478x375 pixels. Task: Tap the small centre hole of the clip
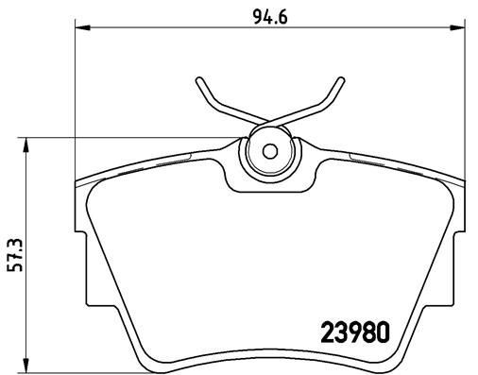(268, 150)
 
